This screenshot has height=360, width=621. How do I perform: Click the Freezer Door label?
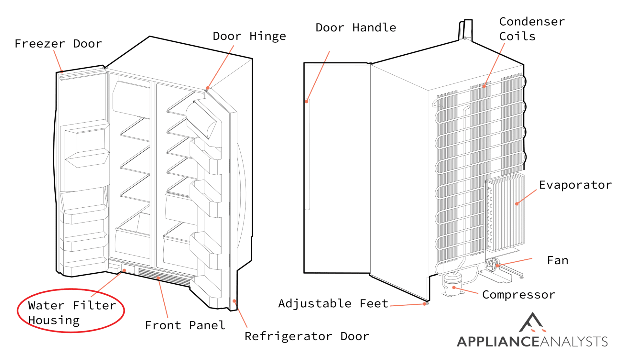click(x=58, y=44)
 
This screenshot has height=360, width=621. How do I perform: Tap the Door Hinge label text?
click(x=249, y=36)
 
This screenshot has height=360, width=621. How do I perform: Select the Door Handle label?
click(x=356, y=28)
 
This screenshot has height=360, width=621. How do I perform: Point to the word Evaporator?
click(x=575, y=185)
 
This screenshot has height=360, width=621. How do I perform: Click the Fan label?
click(x=557, y=260)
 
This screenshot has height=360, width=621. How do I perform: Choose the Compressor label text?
click(x=518, y=295)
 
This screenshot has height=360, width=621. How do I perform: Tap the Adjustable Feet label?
click(x=333, y=303)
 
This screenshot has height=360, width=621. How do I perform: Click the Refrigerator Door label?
click(x=307, y=336)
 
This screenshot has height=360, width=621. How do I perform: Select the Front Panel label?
click(x=185, y=325)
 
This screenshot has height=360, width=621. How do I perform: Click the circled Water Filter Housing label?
click(x=71, y=312)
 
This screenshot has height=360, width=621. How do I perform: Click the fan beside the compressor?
click(x=492, y=265)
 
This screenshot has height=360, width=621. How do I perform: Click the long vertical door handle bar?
click(x=307, y=155)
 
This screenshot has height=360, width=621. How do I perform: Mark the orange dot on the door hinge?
click(x=208, y=88)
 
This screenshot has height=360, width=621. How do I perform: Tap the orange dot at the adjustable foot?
click(x=425, y=304)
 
